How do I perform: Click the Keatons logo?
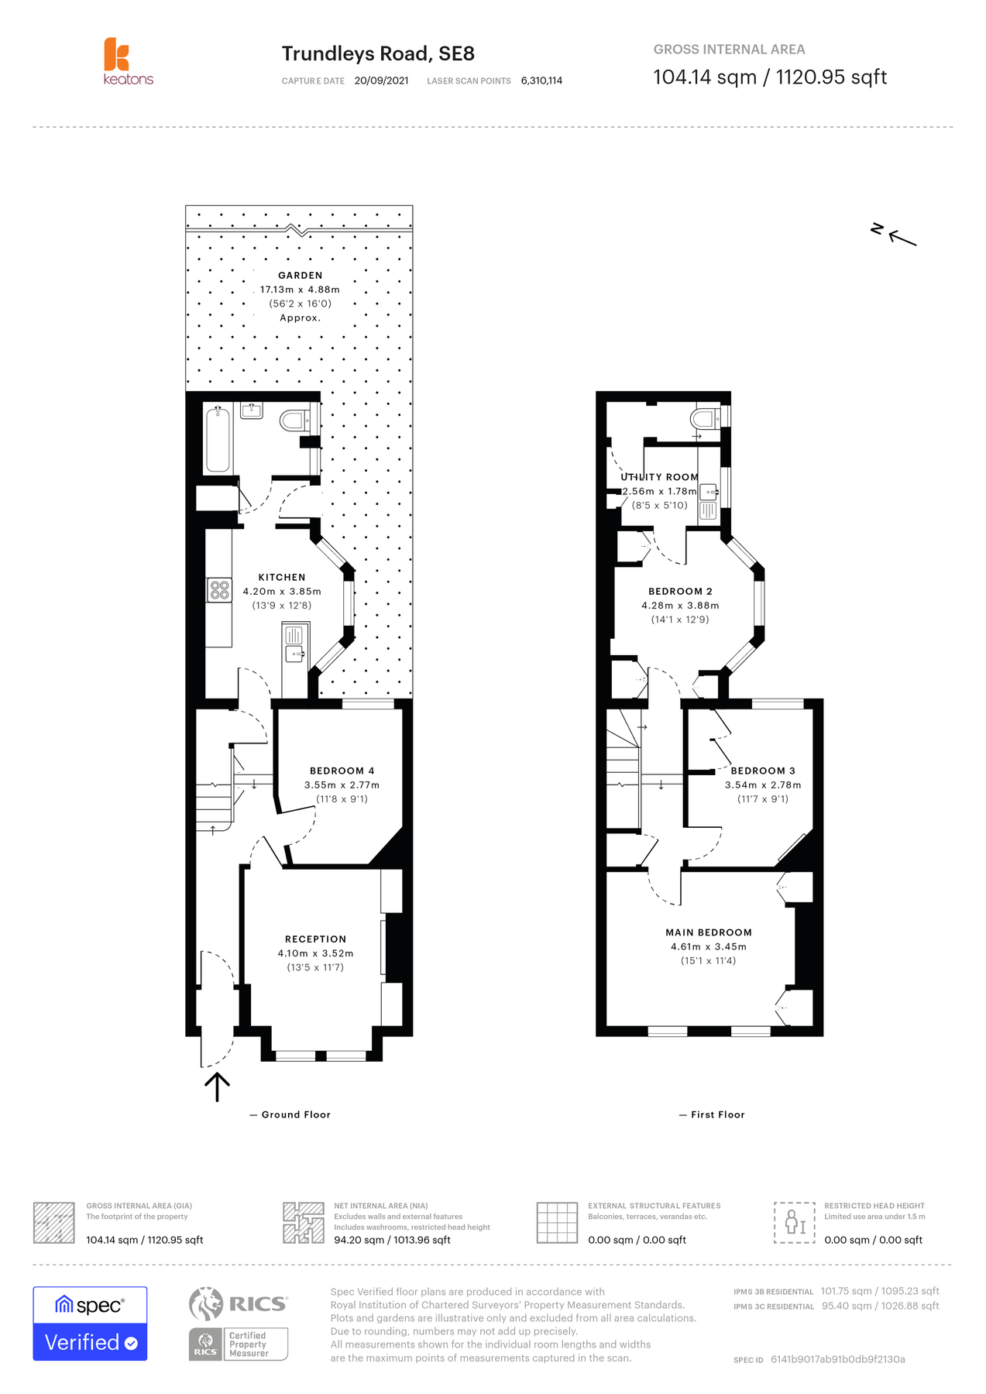pos(129,61)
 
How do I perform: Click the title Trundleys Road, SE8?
pos(378,53)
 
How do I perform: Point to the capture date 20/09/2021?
pos(382,81)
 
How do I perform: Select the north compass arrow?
pos(901,238)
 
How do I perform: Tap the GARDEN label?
pos(301,275)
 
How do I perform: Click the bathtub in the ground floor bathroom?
pos(218,439)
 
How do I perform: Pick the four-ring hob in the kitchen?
pos(219,590)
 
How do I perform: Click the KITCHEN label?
pos(282,577)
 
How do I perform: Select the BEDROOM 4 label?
pos(342,771)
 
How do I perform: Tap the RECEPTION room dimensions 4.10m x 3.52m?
pos(315,953)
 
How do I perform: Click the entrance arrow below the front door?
pos(217,1087)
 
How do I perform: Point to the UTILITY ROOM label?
pos(659,477)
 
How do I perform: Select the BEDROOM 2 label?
pos(680,591)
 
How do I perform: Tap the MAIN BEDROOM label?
pos(709,932)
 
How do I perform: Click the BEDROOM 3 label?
pos(763,771)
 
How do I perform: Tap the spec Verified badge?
pos(90,1324)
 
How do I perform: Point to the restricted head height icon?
pos(795,1223)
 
